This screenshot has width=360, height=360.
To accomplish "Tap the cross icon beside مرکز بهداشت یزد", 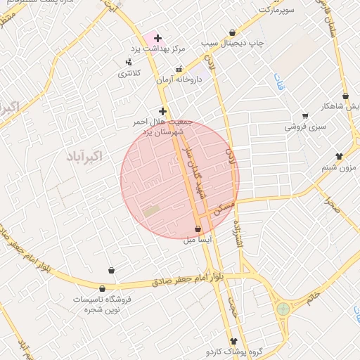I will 157,38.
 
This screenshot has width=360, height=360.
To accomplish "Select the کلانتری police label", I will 128,73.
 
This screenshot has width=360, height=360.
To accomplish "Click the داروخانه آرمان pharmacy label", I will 179,79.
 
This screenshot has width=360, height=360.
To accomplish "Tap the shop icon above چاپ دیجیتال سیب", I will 233,32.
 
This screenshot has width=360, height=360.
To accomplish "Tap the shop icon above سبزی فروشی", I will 305,116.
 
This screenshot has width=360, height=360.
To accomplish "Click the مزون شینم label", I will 339,167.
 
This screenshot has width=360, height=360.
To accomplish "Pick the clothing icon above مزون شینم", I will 339,156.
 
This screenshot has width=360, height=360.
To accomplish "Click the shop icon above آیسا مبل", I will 198,229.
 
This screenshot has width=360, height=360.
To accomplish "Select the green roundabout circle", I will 283,309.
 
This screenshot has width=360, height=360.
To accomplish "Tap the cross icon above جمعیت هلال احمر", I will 162,111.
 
